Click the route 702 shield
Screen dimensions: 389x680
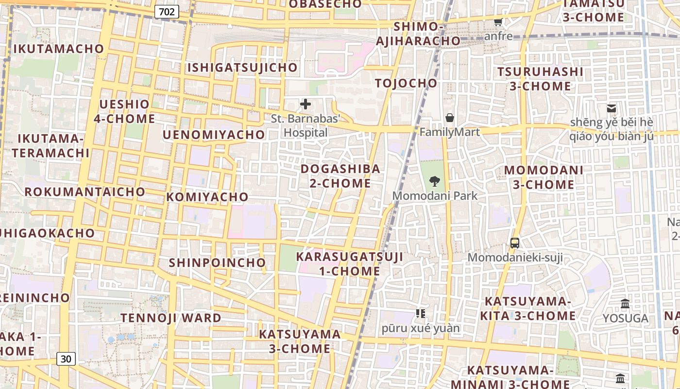pyautogui.click(x=167, y=12)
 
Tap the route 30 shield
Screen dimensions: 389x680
pyautogui.click(x=66, y=359)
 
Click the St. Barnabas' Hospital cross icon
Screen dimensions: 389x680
pyautogui.click(x=306, y=104)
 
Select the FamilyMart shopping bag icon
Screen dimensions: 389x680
pyautogui.click(x=450, y=118)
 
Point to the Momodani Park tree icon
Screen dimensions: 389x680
pyautogui.click(x=435, y=182)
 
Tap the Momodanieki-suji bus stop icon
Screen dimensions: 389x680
pyautogui.click(x=515, y=243)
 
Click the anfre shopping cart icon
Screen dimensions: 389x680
pyautogui.click(x=498, y=22)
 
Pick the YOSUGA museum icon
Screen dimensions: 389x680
pyautogui.click(x=625, y=304)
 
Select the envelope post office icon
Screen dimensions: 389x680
pyautogui.click(x=612, y=108)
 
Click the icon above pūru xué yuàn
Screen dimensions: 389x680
pyautogui.click(x=421, y=314)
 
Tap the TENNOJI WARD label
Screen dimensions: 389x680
pyautogui.click(x=171, y=318)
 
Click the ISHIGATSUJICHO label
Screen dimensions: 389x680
pyautogui.click(x=242, y=68)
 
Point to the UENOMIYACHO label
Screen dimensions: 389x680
pyautogui.click(x=214, y=135)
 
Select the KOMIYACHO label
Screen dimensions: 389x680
pyautogui.click(x=207, y=197)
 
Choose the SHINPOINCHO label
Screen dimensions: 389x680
pyautogui.click(x=217, y=263)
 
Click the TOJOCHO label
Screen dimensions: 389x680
pyautogui.click(x=406, y=83)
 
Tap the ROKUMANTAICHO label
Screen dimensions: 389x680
pyautogui.click(x=85, y=192)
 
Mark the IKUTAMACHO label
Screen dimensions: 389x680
pyautogui.click(x=59, y=49)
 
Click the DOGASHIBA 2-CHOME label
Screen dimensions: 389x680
pyautogui.click(x=340, y=176)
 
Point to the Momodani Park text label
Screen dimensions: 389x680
pyautogui.click(x=435, y=196)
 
